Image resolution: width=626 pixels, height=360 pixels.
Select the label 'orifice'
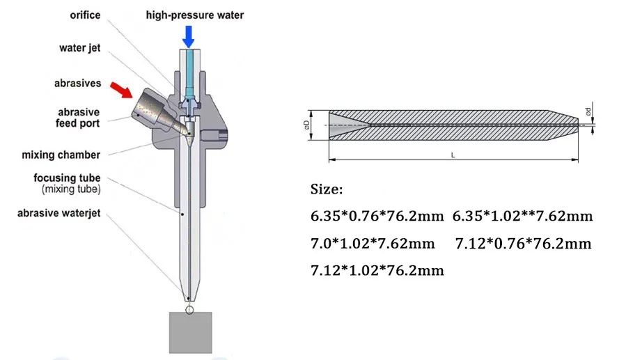86,15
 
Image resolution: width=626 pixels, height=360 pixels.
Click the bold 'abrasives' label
77,84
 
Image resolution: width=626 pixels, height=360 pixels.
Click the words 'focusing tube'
66,178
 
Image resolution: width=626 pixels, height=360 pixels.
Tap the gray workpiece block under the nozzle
190,332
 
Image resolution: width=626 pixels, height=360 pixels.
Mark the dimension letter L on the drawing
453,155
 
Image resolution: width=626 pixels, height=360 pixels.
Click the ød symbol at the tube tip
589,111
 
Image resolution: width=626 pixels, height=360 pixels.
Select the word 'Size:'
326,189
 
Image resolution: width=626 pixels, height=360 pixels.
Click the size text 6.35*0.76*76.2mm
377,216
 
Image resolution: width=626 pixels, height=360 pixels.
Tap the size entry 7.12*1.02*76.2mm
377,269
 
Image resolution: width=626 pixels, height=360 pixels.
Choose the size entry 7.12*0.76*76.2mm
522,244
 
